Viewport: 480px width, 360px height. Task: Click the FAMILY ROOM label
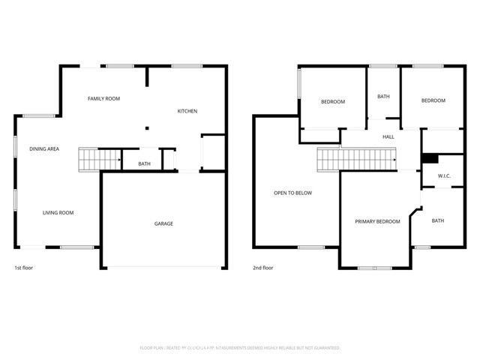(103, 98)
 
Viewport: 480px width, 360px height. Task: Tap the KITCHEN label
(187, 112)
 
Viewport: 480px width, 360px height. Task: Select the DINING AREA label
(44, 149)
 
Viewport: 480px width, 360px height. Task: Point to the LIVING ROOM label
(58, 213)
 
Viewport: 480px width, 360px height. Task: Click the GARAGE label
(163, 223)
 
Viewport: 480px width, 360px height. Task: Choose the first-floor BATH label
(145, 164)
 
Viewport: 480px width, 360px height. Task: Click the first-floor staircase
(100, 160)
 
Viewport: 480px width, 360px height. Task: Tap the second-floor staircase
(357, 159)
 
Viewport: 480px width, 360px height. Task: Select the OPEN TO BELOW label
(292, 193)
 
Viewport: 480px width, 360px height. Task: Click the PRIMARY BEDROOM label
(377, 221)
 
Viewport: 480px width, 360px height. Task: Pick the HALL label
(388, 137)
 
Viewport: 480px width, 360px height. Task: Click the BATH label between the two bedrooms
(383, 97)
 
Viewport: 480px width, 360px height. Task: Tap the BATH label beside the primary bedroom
(438, 220)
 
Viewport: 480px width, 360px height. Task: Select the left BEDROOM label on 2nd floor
(333, 102)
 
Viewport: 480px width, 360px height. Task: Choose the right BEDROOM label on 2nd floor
(433, 100)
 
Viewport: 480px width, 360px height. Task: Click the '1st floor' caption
(23, 268)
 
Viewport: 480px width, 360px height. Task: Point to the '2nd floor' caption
(263, 268)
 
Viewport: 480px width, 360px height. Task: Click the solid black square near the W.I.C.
(430, 158)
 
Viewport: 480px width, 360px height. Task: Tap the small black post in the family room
(147, 128)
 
